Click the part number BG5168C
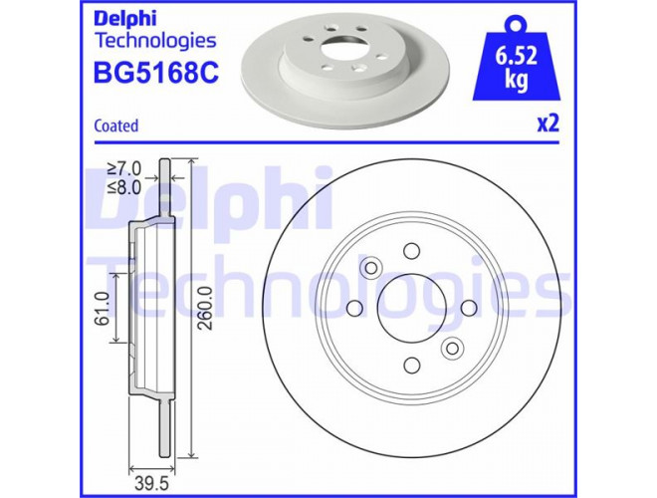coord(156,72)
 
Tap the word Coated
coord(116,125)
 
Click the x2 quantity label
coord(548,124)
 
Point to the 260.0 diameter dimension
coord(206,308)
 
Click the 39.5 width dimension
coord(151,484)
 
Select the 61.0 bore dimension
coord(102,308)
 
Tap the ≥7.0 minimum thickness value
coord(124,168)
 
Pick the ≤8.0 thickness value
coord(124,187)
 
